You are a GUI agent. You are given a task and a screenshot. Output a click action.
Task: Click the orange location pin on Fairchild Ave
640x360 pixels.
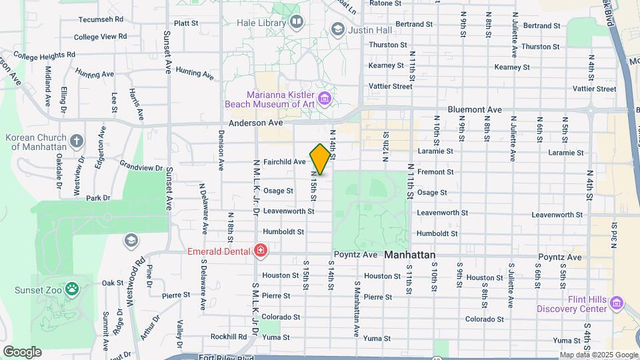click(320, 159)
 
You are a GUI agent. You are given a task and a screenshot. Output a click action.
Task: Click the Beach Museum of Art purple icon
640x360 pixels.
click(325, 100)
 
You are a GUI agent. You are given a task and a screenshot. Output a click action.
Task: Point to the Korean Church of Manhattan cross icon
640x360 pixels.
click(77, 141)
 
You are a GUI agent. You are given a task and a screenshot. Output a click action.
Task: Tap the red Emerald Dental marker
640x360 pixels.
click(261, 251)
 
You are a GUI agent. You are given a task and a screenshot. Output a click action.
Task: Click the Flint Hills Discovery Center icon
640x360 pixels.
click(617, 304)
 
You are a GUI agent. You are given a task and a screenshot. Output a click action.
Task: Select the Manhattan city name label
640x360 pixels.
click(409, 255)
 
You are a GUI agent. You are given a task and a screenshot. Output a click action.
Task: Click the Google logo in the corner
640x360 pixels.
click(22, 352)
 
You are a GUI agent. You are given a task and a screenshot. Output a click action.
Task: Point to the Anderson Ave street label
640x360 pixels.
click(256, 123)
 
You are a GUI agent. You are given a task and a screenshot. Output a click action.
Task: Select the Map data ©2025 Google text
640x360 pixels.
click(599, 355)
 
